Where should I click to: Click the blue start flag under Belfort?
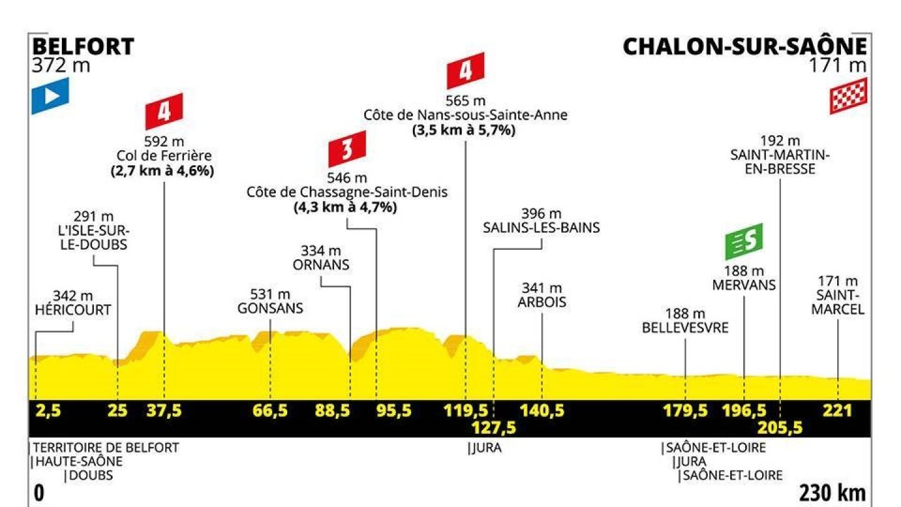(x=50, y=95)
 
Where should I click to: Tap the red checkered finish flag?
(x=848, y=96)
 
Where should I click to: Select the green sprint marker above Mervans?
(x=744, y=241)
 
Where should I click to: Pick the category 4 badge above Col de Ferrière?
(x=164, y=111)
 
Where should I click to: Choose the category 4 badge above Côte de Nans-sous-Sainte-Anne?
(x=466, y=71)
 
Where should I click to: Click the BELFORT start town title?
(x=83, y=47)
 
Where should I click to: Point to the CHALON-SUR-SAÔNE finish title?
(x=745, y=47)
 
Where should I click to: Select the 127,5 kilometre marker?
(x=494, y=428)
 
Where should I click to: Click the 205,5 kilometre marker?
(x=780, y=428)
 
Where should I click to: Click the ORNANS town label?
(x=321, y=265)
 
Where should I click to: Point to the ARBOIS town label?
(x=542, y=302)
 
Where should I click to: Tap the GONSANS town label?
(x=270, y=308)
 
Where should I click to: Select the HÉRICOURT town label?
(x=73, y=309)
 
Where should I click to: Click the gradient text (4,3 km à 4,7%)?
(x=345, y=208)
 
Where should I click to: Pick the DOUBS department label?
(x=91, y=475)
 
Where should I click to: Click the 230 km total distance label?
(x=833, y=493)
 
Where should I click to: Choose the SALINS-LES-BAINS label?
(x=541, y=228)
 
